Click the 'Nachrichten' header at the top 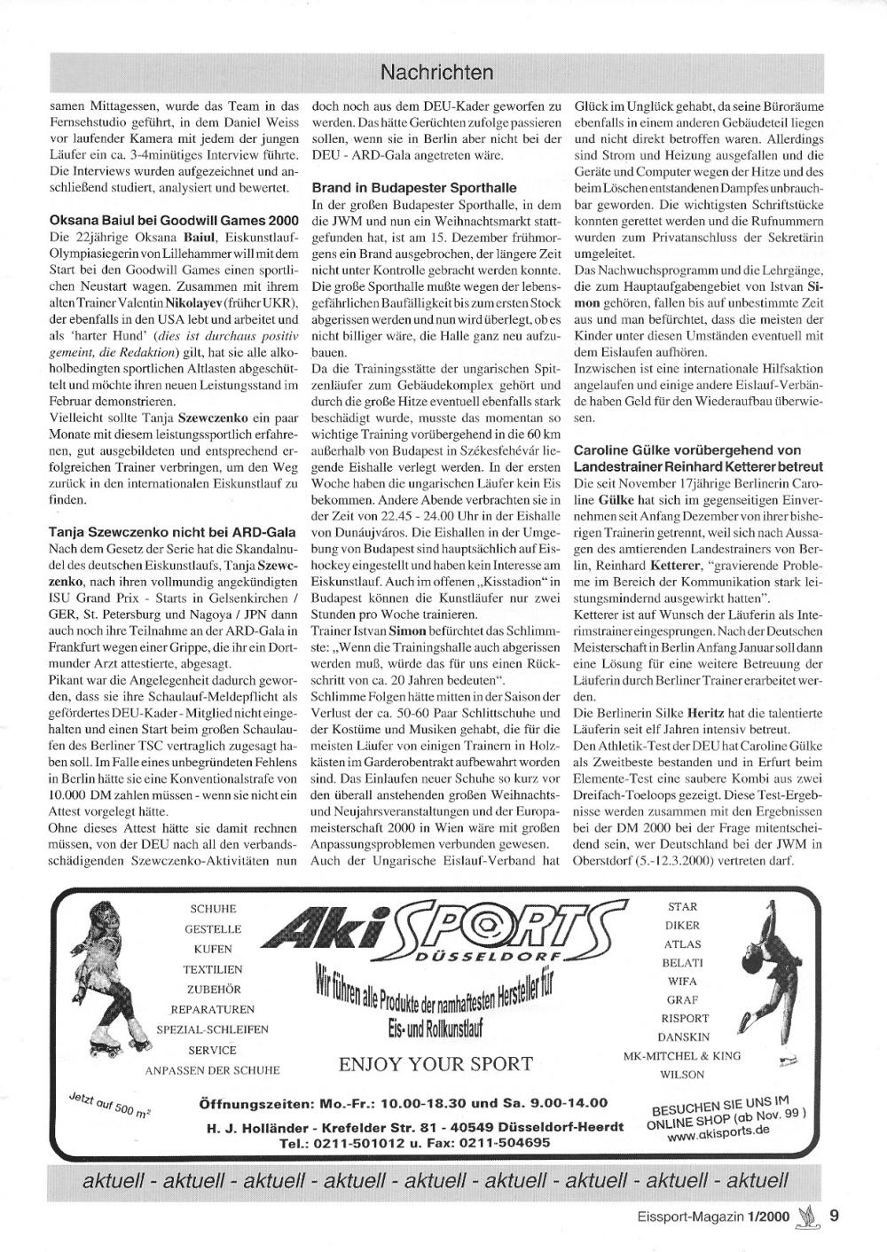pos(435,71)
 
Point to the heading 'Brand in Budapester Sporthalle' pos(413,188)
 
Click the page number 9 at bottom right pos(835,1216)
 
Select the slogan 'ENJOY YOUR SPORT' pos(436,1063)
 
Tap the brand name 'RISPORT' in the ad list pos(684,1018)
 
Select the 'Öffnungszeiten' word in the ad pos(255,1103)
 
